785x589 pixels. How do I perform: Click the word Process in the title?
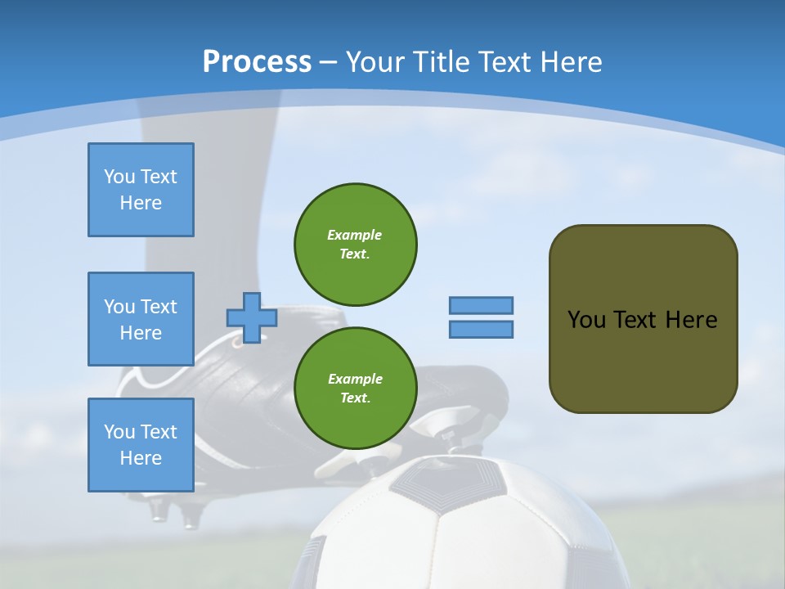pos(257,62)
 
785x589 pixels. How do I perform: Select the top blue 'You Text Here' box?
pos(141,190)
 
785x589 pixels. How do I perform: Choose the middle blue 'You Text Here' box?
pos(141,319)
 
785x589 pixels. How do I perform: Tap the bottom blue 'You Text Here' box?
pos(141,445)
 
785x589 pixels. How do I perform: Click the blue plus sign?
pos(251,317)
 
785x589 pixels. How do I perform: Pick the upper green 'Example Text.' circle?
pos(355,245)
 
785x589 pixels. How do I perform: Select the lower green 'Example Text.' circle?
pos(355,389)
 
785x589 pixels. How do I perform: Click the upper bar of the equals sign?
pos(481,305)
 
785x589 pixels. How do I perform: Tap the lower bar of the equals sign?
pos(481,330)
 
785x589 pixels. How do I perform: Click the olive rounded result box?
pos(643,360)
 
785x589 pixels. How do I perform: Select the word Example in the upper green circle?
pos(354,235)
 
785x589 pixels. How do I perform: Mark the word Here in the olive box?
pos(691,320)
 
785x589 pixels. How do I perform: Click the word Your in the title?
pos(374,62)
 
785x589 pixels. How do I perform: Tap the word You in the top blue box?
pos(119,177)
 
